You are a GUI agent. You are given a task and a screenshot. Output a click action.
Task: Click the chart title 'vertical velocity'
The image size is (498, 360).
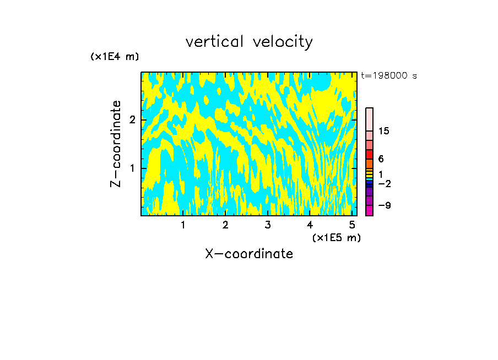249,42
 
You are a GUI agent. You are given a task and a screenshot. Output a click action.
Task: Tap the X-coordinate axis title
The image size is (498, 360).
249,254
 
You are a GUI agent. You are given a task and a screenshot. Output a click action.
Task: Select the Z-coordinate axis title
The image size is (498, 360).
116,144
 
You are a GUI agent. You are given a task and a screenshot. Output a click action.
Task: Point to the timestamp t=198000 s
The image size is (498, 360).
389,75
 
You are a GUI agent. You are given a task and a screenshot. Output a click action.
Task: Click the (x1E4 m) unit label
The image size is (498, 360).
115,57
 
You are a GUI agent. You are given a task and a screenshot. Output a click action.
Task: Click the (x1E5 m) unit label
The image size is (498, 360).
336,237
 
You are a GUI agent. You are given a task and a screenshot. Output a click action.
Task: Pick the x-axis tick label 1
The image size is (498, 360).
183,225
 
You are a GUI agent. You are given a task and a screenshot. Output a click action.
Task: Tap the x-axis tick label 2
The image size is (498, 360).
225,225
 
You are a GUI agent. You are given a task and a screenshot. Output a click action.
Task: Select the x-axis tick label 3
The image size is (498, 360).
268,225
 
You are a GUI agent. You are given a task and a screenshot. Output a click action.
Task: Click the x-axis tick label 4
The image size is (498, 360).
310,225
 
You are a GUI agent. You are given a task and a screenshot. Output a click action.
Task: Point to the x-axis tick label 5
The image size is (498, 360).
352,225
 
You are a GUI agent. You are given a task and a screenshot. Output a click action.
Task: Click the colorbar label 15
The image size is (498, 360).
384,131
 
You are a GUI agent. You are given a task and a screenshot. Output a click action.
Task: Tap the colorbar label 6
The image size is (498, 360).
381,159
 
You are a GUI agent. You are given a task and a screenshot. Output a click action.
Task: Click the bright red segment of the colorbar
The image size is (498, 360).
369,154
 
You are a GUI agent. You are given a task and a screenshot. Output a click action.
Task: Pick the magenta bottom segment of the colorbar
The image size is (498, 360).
369,210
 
